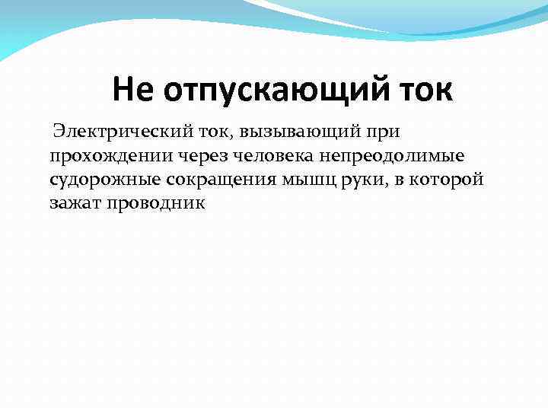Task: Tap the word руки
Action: (352, 180)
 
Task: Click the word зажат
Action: (73, 203)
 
